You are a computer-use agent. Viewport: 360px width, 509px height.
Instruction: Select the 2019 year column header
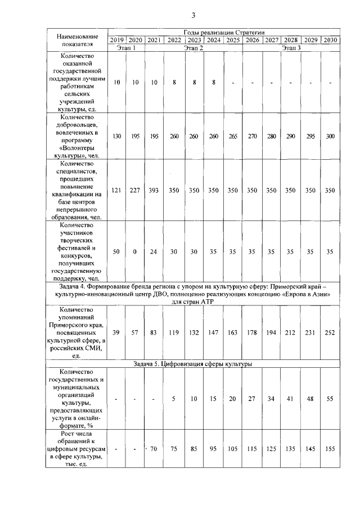[117, 40]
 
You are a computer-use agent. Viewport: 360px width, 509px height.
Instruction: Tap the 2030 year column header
[330, 40]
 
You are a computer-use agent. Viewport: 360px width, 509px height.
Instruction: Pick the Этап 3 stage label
[291, 47]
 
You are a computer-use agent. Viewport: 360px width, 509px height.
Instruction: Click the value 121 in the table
[117, 191]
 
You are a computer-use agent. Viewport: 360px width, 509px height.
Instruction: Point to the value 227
[135, 191]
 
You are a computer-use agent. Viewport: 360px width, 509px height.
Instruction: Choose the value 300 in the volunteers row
[330, 137]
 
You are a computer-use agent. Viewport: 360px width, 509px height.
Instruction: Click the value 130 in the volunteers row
[117, 137]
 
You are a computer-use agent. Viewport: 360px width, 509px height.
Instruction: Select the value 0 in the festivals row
[135, 251]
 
